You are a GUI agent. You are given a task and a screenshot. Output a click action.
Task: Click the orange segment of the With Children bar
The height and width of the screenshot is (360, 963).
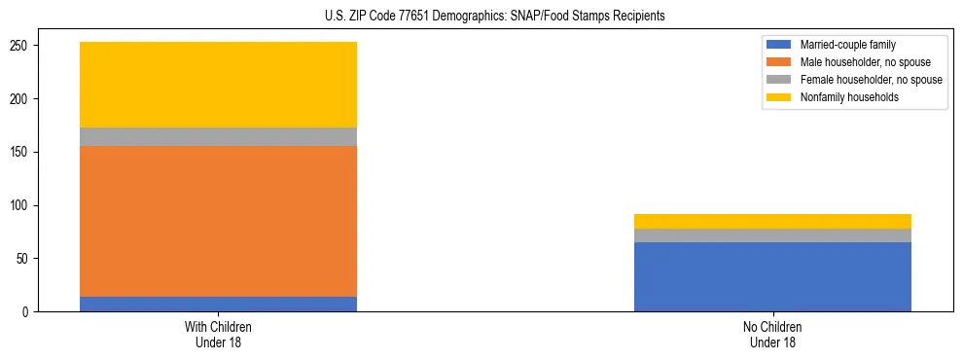(218, 221)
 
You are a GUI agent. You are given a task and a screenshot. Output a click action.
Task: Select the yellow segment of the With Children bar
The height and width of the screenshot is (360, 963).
(218, 85)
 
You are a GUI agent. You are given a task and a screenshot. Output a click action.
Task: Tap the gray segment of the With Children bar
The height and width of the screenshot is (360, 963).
(218, 137)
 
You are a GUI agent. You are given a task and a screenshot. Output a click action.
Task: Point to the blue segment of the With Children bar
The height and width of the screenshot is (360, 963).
(218, 304)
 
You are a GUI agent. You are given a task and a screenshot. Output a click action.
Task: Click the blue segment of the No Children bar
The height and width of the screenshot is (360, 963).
(772, 276)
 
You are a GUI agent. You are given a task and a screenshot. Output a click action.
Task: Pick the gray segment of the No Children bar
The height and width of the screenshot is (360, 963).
(772, 235)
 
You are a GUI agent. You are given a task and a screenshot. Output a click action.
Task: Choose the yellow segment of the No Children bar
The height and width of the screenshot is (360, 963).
(772, 221)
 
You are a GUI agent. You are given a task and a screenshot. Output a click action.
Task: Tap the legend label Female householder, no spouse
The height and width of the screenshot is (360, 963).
(871, 80)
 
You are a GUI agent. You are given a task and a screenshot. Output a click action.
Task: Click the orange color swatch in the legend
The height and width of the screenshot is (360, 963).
(779, 62)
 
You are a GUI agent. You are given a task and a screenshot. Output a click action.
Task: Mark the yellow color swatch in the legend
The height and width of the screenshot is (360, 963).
(779, 97)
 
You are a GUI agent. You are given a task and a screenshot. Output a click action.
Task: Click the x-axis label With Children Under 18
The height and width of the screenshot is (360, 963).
(218, 334)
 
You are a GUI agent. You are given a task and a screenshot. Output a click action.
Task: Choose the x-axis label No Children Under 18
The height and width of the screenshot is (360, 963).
(772, 334)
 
